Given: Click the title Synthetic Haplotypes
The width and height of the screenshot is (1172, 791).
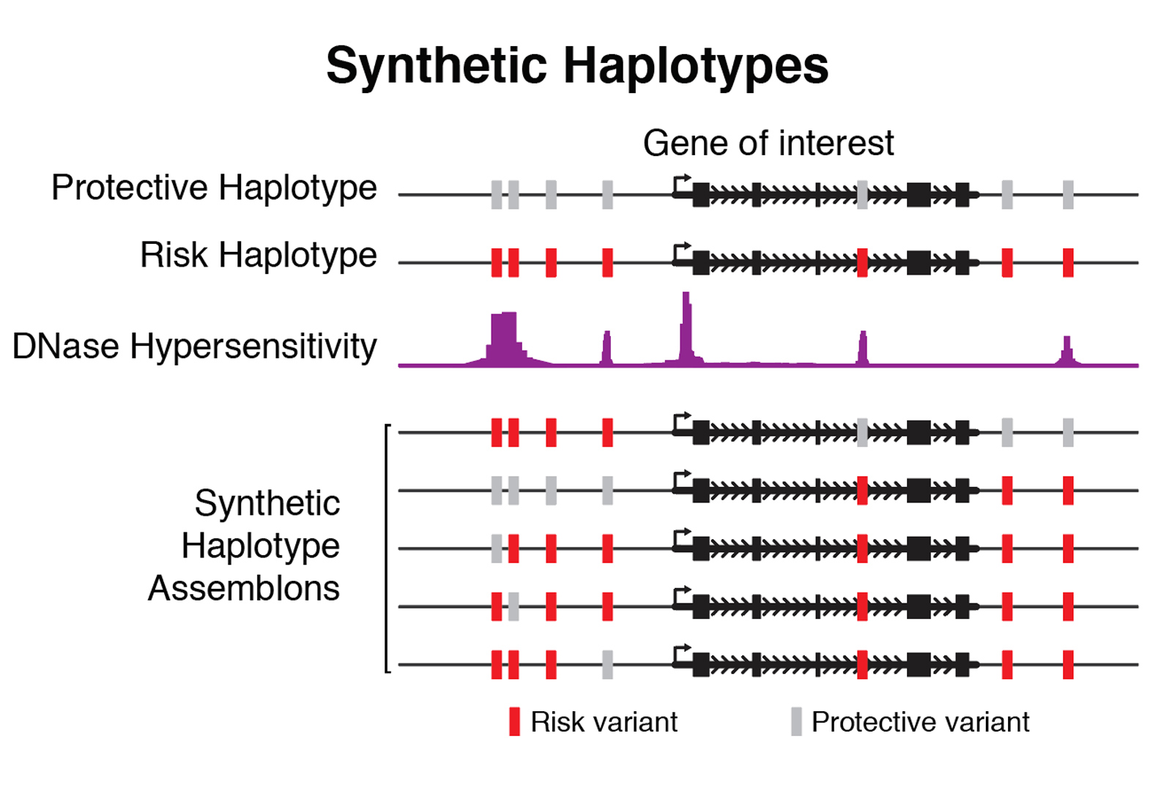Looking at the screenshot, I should (x=577, y=66).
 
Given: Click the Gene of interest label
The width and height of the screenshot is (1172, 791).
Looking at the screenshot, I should (x=768, y=143).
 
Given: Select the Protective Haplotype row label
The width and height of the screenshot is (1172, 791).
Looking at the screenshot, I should (x=214, y=188).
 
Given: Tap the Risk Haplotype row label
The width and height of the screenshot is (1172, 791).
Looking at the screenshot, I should (x=258, y=256).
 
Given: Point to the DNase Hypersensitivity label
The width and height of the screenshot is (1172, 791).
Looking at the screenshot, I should (x=195, y=346).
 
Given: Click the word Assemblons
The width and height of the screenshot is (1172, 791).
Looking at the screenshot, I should (x=244, y=588).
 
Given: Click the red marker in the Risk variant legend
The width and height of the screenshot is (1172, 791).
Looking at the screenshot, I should (x=514, y=721).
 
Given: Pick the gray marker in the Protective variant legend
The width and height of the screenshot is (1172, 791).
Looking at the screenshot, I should (x=796, y=721).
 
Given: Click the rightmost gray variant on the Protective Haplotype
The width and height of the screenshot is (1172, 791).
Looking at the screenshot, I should (x=1068, y=195).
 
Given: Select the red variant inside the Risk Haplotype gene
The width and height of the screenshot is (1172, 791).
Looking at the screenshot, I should (x=862, y=262).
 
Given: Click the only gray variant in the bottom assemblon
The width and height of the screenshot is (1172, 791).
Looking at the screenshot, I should (x=607, y=664).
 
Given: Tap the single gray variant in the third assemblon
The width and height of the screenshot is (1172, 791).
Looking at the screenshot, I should (x=497, y=548).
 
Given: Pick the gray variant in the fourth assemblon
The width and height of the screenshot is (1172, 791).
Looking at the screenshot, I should (x=513, y=606).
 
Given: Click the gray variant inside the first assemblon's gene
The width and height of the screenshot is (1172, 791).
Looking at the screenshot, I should (x=862, y=432).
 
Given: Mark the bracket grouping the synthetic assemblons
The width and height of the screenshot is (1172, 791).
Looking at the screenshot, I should (x=387, y=548).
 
